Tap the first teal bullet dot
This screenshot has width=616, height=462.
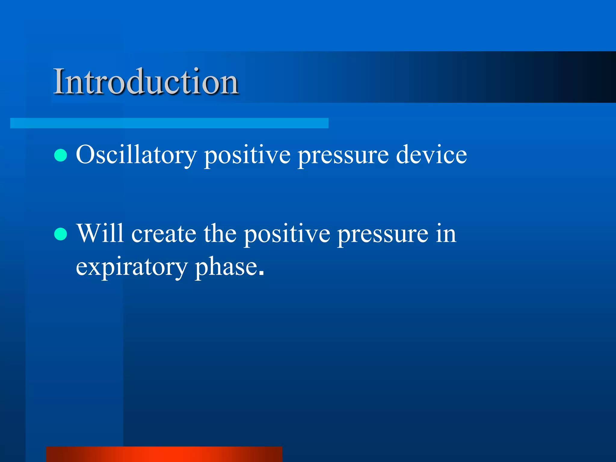60,155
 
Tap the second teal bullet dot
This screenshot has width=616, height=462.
60,234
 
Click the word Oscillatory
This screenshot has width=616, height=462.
136,155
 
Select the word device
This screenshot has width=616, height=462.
431,155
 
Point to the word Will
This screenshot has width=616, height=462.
100,233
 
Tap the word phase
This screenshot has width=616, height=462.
226,267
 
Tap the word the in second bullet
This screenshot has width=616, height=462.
220,234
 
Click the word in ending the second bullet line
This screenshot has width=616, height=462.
446,234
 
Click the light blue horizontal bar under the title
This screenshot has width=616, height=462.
169,123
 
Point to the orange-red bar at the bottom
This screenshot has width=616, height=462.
164,454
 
